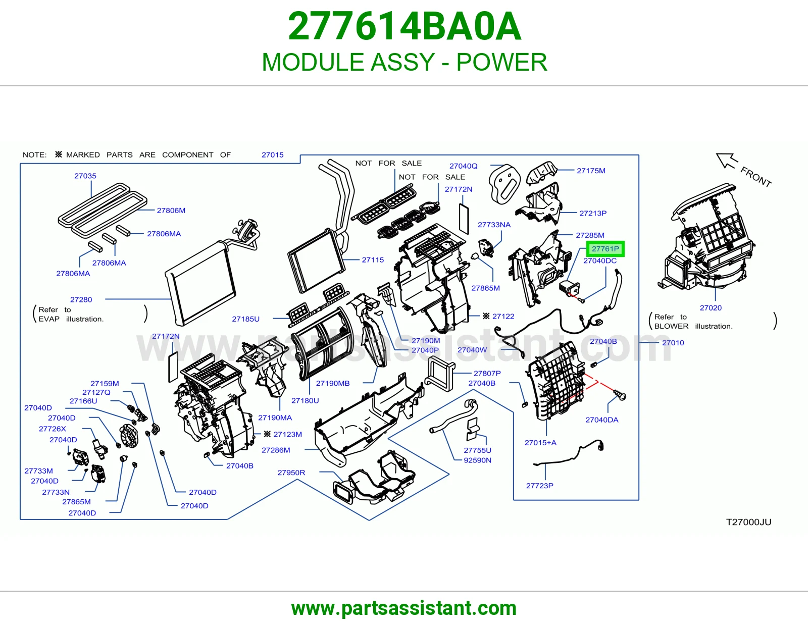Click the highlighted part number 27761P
(605, 249)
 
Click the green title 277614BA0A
(404, 26)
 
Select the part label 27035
(85, 176)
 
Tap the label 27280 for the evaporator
(81, 299)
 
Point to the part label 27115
(373, 260)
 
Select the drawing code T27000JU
(748, 522)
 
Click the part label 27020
(711, 308)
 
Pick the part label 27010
(673, 343)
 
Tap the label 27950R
(291, 473)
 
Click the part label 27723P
(539, 486)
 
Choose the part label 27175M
(591, 171)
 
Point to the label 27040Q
(463, 166)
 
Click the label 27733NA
(494, 225)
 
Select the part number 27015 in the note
(272, 154)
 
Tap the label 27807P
(487, 373)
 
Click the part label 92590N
(477, 460)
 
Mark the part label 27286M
(276, 450)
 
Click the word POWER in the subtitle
(501, 62)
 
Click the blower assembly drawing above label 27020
(706, 238)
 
